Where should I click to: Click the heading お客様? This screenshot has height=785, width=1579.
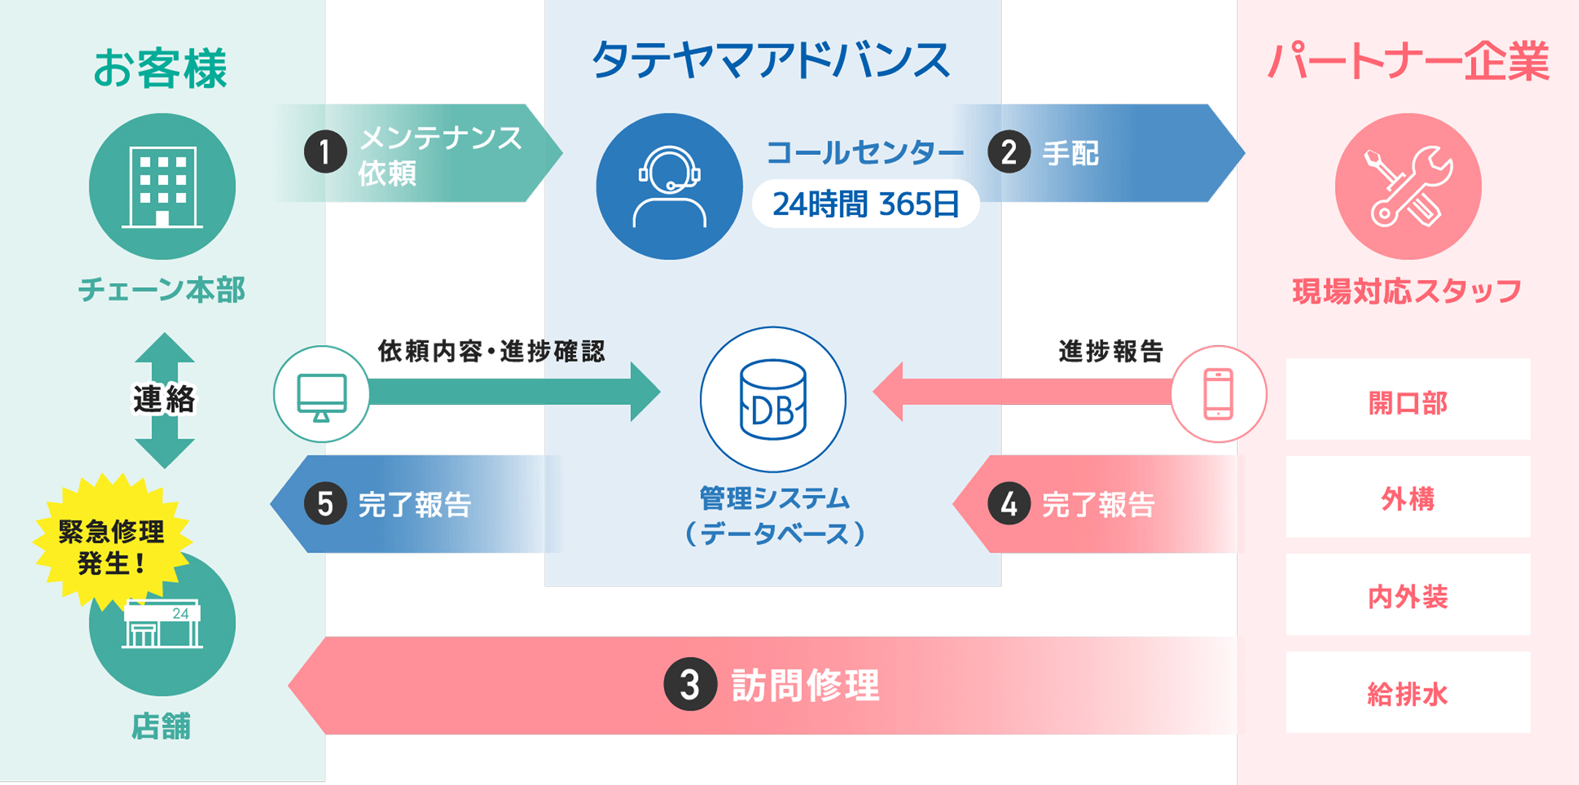[x=160, y=69]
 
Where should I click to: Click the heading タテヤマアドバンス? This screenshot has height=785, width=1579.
[x=771, y=60]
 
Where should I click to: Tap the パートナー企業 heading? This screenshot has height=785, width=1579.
[x=1408, y=61]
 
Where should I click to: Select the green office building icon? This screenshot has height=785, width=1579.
[x=162, y=186]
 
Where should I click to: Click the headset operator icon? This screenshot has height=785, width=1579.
[x=669, y=187]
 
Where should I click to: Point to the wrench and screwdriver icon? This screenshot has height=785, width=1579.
[x=1408, y=186]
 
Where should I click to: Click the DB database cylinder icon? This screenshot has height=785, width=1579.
[x=773, y=400]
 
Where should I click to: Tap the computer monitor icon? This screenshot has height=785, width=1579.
[x=322, y=395]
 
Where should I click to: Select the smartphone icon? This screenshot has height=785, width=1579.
[x=1219, y=395]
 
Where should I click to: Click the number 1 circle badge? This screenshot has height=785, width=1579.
[x=325, y=152]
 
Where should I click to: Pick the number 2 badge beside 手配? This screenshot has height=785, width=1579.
[x=1009, y=152]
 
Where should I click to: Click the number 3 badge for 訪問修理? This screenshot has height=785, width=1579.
[x=689, y=685]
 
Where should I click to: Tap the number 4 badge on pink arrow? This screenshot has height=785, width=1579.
[x=1009, y=504]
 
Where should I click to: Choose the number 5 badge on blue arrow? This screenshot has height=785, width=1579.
[x=325, y=504]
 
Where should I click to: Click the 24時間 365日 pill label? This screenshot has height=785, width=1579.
[x=866, y=204]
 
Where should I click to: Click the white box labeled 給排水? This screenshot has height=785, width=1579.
[x=1408, y=692]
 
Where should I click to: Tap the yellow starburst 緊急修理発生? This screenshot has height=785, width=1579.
[x=111, y=545]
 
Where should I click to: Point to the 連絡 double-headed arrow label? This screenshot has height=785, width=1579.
[x=164, y=400]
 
